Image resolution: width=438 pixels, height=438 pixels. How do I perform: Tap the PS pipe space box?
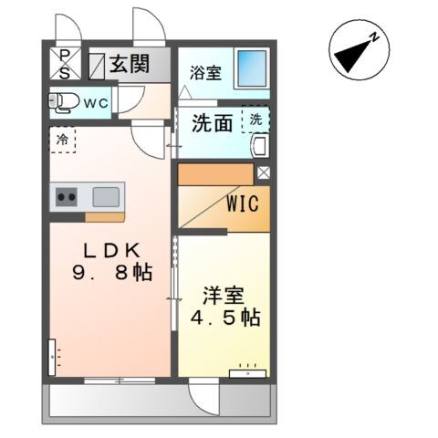click(x=65, y=64)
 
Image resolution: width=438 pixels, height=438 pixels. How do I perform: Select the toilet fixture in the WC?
click(x=63, y=102)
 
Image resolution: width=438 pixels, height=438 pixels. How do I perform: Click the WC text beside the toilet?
click(x=96, y=103)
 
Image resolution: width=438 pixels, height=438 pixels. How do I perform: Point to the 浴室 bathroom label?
click(x=205, y=74)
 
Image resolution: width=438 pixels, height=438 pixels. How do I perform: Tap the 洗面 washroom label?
click(x=213, y=123)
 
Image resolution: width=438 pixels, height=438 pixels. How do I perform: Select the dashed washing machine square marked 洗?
click(x=255, y=120)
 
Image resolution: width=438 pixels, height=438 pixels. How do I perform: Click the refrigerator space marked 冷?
click(x=62, y=141)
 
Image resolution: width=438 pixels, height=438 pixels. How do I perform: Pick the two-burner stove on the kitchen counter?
click(x=67, y=196)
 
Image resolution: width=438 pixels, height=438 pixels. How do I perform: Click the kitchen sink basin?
click(x=106, y=196)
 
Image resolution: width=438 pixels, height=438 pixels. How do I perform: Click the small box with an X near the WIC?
click(x=263, y=172)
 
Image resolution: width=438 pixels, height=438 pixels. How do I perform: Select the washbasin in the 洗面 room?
click(x=257, y=147)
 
